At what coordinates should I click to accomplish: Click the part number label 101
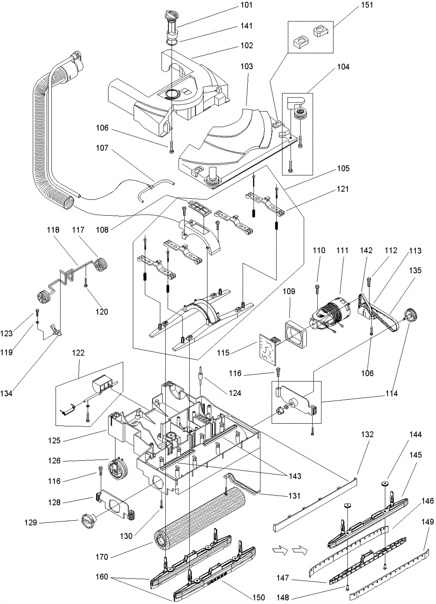(x=247, y=5)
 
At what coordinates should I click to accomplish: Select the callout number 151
(x=367, y=5)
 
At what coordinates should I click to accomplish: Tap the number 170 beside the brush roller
(x=102, y=557)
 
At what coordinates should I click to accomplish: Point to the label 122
(x=78, y=353)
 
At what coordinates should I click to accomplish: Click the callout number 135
(x=415, y=270)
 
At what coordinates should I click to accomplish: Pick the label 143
(x=295, y=476)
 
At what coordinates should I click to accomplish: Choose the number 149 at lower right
(x=427, y=522)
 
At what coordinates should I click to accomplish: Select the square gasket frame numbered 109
(x=296, y=335)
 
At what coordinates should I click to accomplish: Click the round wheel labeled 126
(x=118, y=469)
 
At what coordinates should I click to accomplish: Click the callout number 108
(x=102, y=230)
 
